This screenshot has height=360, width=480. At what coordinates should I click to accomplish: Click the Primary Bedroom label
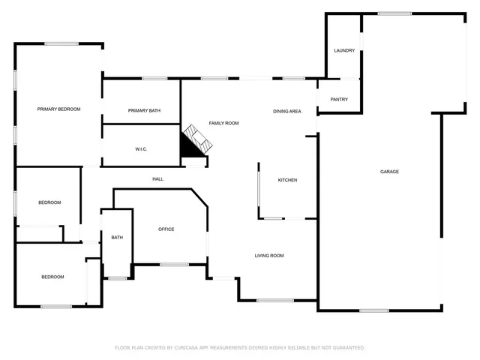tap(58, 109)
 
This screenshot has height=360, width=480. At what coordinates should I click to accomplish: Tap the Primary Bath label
tap(144, 111)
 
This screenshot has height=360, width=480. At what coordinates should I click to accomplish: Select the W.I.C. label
tap(141, 149)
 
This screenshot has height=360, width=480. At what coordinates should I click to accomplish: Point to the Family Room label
tap(223, 123)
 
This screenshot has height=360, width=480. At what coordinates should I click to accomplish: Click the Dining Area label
tap(286, 112)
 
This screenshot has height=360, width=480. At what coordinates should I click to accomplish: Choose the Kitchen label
tap(288, 180)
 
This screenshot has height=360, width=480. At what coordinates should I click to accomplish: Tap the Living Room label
tap(269, 256)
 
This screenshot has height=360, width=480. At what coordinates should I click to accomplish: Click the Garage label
tap(389, 172)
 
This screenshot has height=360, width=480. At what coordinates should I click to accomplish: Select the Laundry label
tap(344, 50)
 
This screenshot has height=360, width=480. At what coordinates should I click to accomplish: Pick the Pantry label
tap(339, 99)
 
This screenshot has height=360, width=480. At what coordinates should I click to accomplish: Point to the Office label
tap(166, 229)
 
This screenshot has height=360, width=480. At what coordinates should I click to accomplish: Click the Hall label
tap(157, 178)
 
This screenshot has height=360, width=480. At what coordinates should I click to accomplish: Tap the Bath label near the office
tap(117, 238)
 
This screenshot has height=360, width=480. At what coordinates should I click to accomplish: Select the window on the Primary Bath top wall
tap(154, 78)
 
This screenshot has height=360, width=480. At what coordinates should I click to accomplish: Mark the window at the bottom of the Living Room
tap(275, 300)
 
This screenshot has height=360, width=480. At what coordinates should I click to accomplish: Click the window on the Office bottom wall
tap(174, 264)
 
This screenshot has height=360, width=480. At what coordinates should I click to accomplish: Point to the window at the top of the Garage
tap(394, 13)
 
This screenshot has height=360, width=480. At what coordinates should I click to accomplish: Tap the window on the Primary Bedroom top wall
tap(61, 43)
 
